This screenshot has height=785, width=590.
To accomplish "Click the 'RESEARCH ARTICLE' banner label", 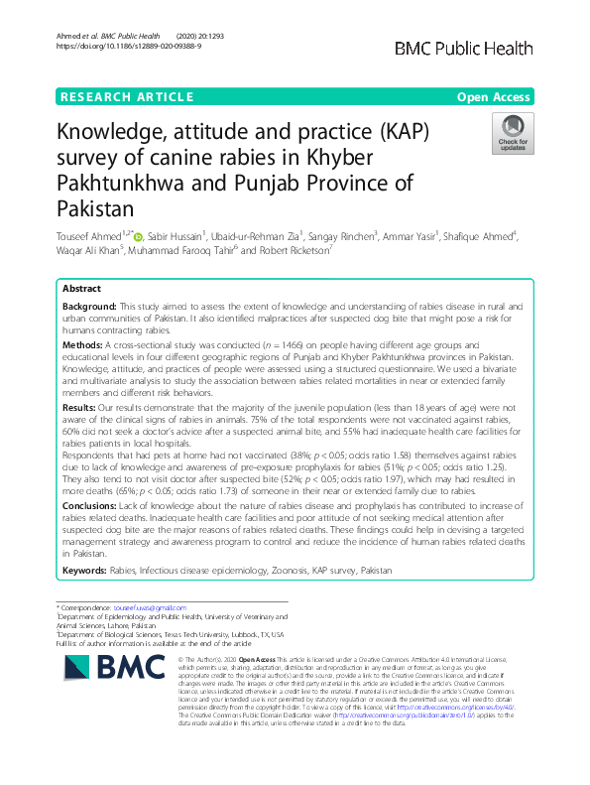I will tap(127, 96).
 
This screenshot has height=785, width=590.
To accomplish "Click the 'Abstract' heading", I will tap(82, 287).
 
